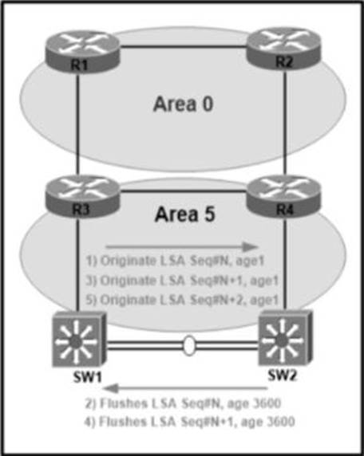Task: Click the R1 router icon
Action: tap(82, 52)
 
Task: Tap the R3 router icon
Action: tap(82, 197)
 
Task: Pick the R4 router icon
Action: tap(283, 197)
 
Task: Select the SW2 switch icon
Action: tap(286, 338)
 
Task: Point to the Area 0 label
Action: tap(183, 104)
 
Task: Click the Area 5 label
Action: tap(184, 214)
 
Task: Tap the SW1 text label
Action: tap(87, 378)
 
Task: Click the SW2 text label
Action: tap(282, 375)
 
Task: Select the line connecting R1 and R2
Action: tap(183, 46)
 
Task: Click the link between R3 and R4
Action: tap(183, 191)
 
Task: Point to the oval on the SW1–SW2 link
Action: tap(189, 345)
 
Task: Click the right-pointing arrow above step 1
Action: tap(182, 247)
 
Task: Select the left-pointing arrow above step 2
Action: tap(185, 388)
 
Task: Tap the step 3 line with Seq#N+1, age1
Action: tap(182, 281)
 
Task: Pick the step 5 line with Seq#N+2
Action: tap(182, 300)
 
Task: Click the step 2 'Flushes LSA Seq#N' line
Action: tap(183, 403)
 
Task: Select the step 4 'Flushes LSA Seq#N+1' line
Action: tap(189, 422)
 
